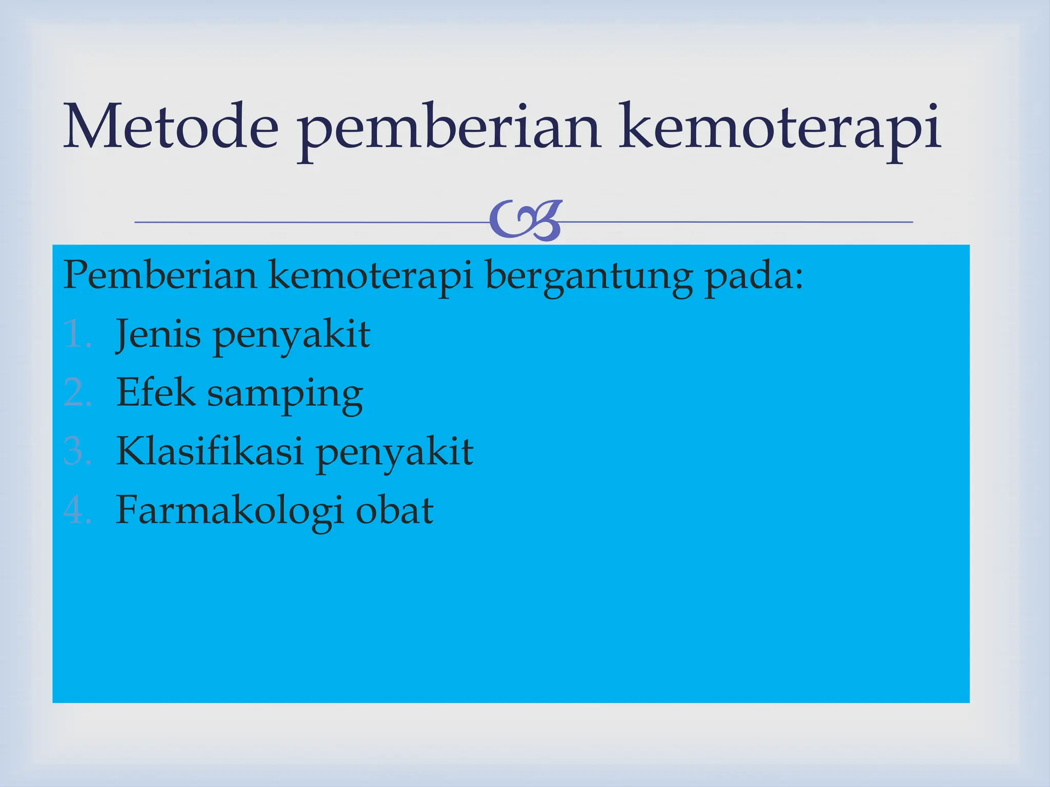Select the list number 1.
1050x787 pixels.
(x=77, y=334)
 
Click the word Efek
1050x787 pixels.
(x=156, y=392)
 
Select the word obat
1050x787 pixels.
(x=394, y=510)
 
